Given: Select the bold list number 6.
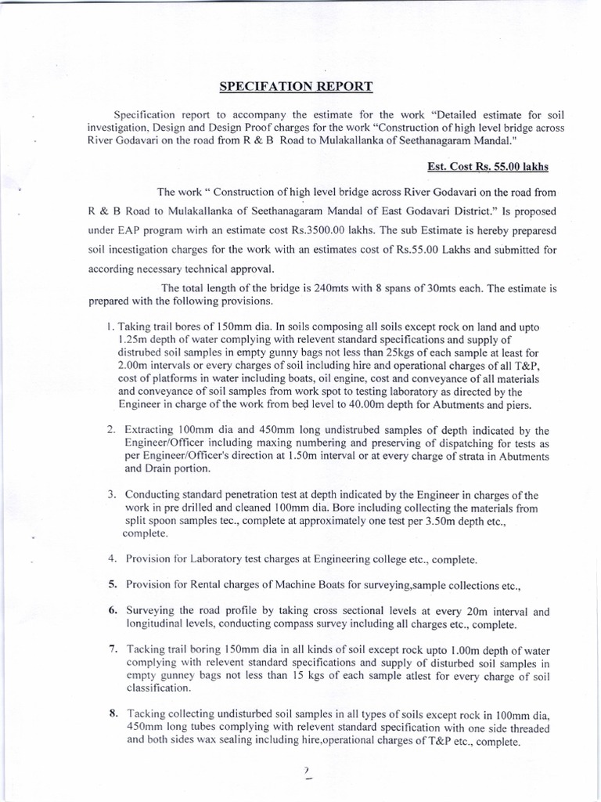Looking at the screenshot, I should pos(112,612).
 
